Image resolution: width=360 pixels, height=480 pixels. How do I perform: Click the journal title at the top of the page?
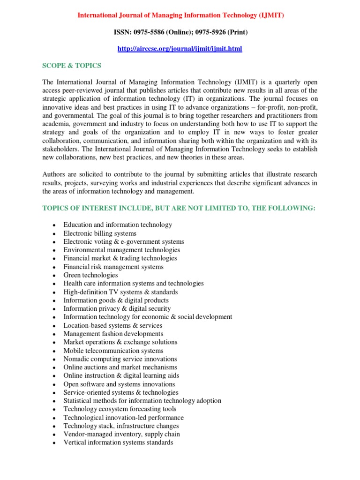click(180, 15)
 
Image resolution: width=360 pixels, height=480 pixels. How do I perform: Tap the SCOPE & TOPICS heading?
click(71, 66)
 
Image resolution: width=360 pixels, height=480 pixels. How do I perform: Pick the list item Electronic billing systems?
click(100, 233)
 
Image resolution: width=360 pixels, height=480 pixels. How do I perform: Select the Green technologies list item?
click(90, 275)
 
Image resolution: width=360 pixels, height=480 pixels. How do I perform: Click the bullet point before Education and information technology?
click(54, 225)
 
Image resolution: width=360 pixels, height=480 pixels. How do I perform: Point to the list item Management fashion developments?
click(113, 334)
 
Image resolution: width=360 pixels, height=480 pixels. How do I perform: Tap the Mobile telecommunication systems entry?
click(113, 351)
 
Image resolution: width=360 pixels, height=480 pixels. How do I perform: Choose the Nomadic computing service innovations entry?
click(120, 359)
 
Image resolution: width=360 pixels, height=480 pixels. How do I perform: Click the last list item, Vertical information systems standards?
click(118, 442)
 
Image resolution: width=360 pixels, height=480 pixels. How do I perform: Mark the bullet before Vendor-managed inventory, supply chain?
click(54, 435)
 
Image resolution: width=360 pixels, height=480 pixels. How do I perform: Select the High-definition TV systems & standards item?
click(120, 292)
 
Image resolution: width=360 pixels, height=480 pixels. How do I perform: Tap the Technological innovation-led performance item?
click(124, 418)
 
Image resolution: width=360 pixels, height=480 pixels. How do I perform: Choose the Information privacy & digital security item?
click(117, 309)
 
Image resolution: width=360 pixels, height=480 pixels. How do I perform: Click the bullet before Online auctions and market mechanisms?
click(54, 368)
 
